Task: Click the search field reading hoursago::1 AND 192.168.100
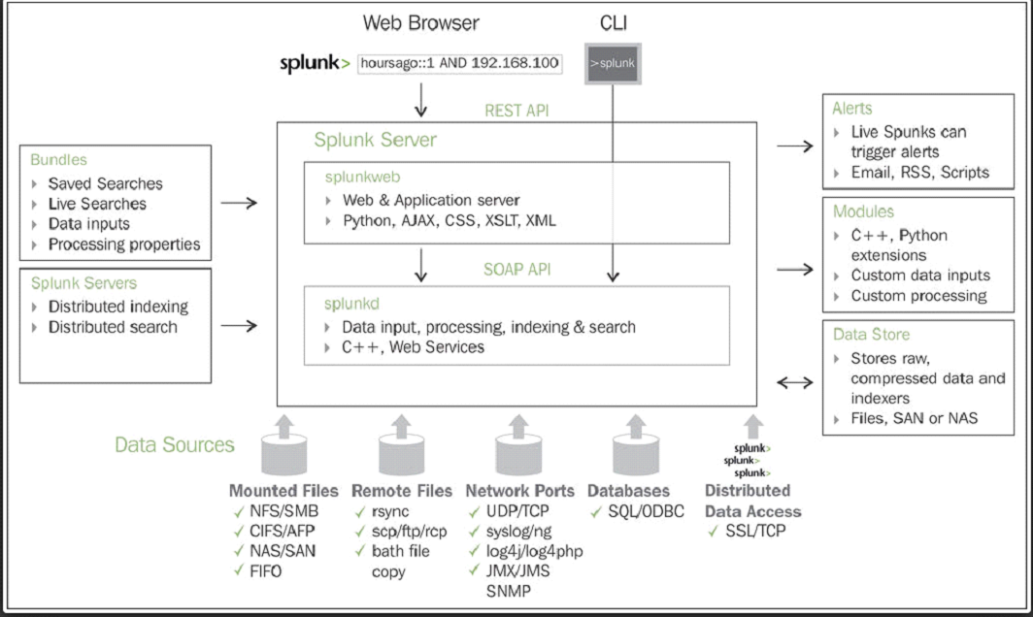(x=460, y=63)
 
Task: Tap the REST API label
(x=516, y=111)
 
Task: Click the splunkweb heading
(x=364, y=177)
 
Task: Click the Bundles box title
(x=58, y=159)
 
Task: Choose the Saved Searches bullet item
(x=105, y=183)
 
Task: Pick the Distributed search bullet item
(x=113, y=327)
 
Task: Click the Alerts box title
(x=852, y=108)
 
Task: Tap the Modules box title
(x=863, y=211)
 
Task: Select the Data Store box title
(x=871, y=334)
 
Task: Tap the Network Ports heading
(x=519, y=490)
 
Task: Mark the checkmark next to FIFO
(x=239, y=570)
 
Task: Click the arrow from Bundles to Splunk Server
(x=239, y=203)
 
